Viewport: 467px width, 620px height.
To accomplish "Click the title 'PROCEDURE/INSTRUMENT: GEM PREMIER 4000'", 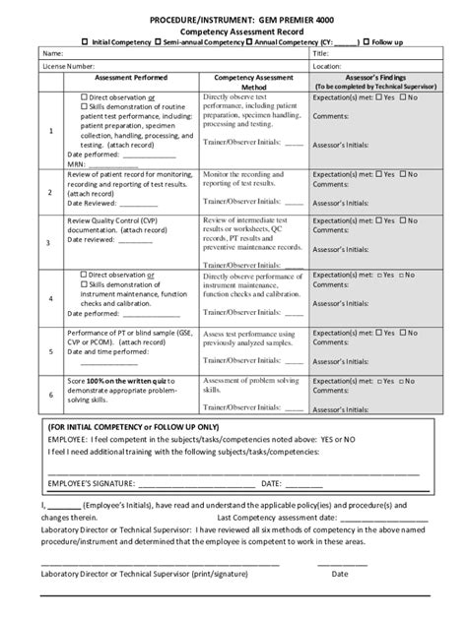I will (233, 18).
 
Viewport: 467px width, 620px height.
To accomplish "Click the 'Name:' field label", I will (53, 54).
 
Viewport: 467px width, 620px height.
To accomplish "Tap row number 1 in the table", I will (50, 130).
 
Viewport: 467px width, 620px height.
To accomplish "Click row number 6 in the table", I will (50, 395).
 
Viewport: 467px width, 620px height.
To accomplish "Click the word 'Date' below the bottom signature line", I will (339, 573).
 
